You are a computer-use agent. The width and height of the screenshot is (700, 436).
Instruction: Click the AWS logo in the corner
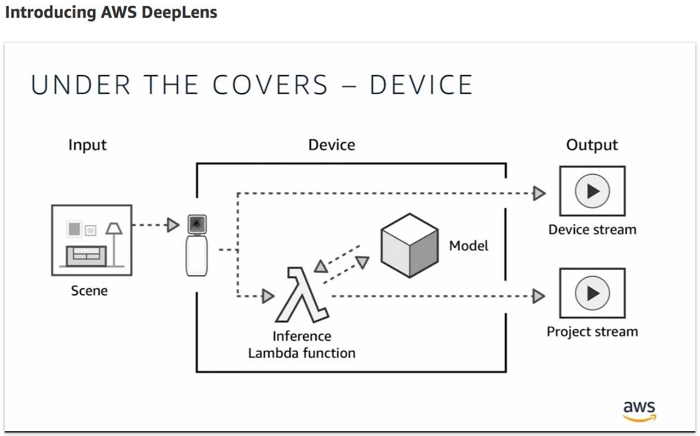pyautogui.click(x=639, y=411)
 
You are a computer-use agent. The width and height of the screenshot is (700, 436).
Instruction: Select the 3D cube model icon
pyautogui.click(x=410, y=245)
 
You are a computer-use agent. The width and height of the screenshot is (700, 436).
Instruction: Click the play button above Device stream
pyautogui.click(x=592, y=191)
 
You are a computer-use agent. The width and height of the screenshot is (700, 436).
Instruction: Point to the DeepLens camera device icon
pyautogui.click(x=196, y=245)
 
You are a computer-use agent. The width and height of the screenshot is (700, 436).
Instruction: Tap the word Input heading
pyautogui.click(x=87, y=145)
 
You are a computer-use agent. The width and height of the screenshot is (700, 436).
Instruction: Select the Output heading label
pyautogui.click(x=592, y=145)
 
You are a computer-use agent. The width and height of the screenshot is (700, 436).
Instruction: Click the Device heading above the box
pyautogui.click(x=332, y=145)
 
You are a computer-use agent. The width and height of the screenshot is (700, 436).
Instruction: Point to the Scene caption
pyautogui.click(x=89, y=291)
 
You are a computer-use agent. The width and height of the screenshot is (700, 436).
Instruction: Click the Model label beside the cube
pyautogui.click(x=469, y=246)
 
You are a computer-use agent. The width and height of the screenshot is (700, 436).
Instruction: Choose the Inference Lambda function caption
pyautogui.click(x=302, y=345)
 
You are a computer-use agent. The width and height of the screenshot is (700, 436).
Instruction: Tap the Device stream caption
pyautogui.click(x=592, y=230)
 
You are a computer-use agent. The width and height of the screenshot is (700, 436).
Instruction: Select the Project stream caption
pyautogui.click(x=592, y=332)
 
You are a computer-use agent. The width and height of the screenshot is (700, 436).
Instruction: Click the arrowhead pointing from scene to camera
pyautogui.click(x=173, y=225)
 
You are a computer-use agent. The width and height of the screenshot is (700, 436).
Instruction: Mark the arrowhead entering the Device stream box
pyautogui.click(x=539, y=193)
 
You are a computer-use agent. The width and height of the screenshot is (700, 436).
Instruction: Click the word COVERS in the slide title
pyautogui.click(x=270, y=85)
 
